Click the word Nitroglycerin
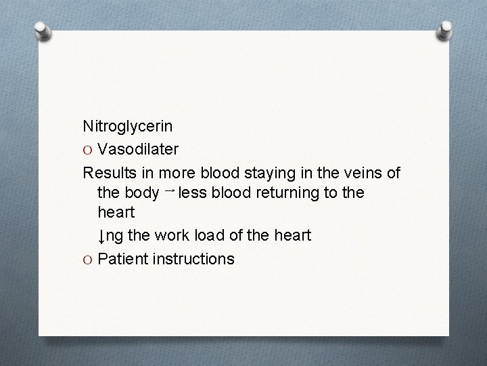click(x=127, y=127)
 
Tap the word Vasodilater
click(x=139, y=148)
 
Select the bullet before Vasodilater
click(x=88, y=149)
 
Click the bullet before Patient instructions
click(x=88, y=259)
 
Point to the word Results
click(x=108, y=171)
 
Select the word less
click(x=194, y=192)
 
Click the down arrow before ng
click(x=101, y=237)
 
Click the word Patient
click(x=122, y=258)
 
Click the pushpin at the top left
click(x=43, y=30)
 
